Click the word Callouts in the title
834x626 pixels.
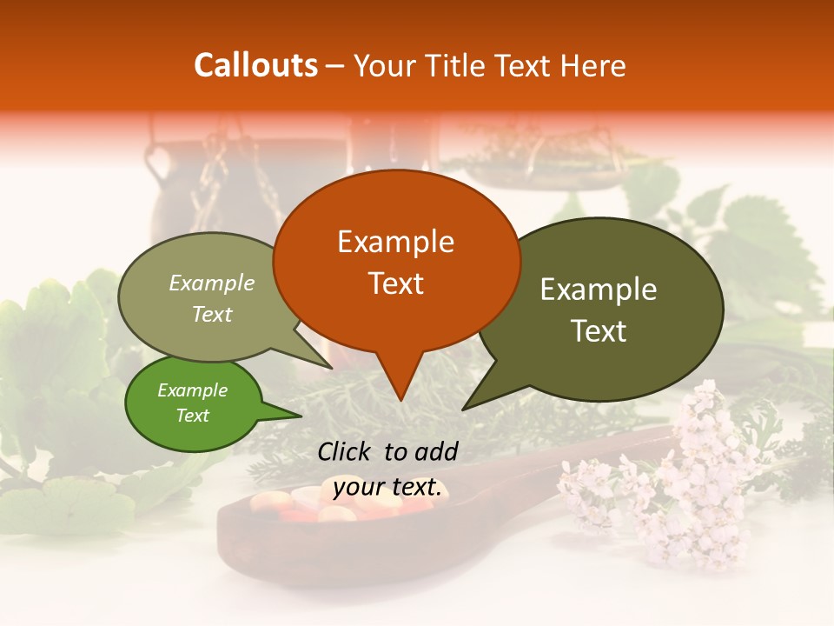pos(255,65)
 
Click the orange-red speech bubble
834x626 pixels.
pos(396,261)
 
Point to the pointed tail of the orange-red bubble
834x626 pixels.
pos(400,398)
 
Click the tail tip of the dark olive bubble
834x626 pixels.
pos(464,408)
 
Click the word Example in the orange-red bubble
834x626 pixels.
pos(395,241)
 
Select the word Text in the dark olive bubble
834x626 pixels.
pos(599,331)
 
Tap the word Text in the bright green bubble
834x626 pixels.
pos(193,416)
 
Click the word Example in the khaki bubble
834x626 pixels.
pos(211,283)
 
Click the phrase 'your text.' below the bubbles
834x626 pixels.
pos(387,487)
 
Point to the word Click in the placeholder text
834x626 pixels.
pos(345,450)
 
